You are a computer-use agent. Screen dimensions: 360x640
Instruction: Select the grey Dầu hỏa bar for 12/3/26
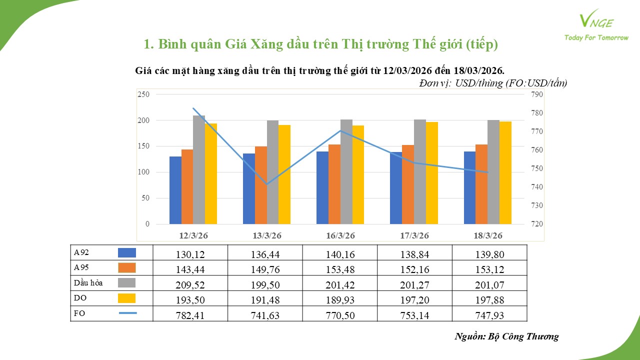pos(199,170)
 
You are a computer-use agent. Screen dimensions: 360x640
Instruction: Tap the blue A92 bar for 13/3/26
pos(248,189)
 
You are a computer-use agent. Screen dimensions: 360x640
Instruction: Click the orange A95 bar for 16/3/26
pos(334,184)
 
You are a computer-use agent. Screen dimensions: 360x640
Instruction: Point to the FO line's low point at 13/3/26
pos(267,184)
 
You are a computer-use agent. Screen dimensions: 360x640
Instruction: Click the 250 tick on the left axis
pos(143,94)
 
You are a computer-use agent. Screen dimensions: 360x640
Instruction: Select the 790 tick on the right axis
pos(536,94)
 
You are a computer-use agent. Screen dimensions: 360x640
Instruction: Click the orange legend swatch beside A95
pos(126,268)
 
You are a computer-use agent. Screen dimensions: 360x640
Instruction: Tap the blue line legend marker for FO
pos(127,313)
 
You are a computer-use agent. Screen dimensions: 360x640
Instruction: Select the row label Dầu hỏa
pos(88,283)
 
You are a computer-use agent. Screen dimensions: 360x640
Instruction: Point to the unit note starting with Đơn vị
pos(493,83)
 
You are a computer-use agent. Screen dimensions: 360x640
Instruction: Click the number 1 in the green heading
pos(147,44)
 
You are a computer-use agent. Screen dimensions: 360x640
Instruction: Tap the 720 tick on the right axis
pos(536,224)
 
